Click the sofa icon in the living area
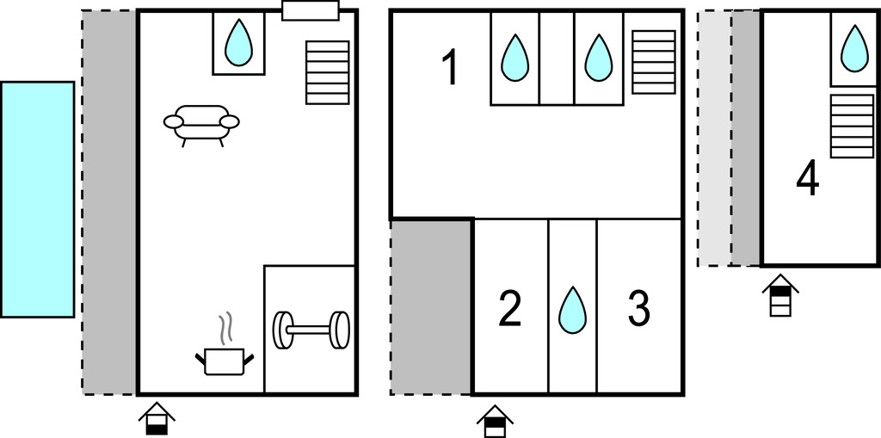coord(201,125)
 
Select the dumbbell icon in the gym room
coord(311,329)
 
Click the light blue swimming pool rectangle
coord(37,200)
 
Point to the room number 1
coord(449,69)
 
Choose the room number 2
coord(510,310)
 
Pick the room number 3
coord(638,310)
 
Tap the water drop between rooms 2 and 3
coord(572,310)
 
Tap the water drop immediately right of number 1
coord(514,58)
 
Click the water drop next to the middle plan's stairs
coord(599,58)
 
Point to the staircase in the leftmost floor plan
coord(328,72)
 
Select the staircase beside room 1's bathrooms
coord(654,62)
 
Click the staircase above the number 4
coord(852,126)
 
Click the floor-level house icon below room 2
coord(496,421)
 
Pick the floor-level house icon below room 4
coord(780,296)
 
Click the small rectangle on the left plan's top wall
coord(311,10)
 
